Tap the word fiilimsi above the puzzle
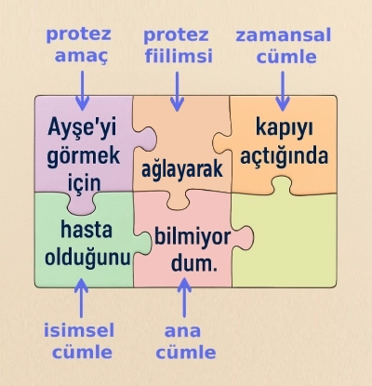178,57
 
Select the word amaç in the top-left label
79,57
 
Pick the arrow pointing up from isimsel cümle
82,299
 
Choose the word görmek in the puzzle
84,154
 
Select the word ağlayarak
184,170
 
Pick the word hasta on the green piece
83,230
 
